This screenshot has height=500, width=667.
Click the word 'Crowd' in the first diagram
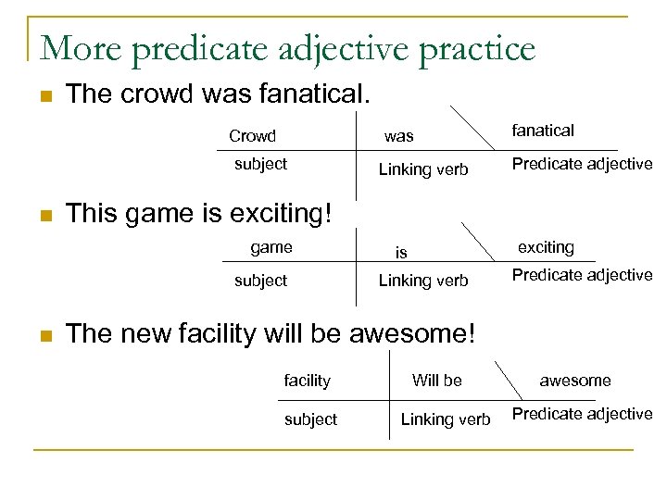pyautogui.click(x=252, y=136)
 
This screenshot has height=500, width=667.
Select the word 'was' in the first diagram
pyautogui.click(x=399, y=136)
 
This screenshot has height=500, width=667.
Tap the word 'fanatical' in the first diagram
pyautogui.click(x=543, y=131)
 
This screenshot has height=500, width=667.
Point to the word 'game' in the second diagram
pyautogui.click(x=271, y=247)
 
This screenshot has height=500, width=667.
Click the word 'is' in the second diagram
pyautogui.click(x=401, y=252)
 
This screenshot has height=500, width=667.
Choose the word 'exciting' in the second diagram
pyautogui.click(x=546, y=247)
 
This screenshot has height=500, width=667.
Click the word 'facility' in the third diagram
pyautogui.click(x=307, y=381)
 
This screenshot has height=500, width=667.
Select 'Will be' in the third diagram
pyautogui.click(x=436, y=380)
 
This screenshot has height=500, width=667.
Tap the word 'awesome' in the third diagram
pyautogui.click(x=575, y=381)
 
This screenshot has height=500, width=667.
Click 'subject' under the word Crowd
pyautogui.click(x=260, y=164)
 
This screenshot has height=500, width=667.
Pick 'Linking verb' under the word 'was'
pyautogui.click(x=423, y=169)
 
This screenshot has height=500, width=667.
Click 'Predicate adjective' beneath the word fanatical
pyautogui.click(x=582, y=164)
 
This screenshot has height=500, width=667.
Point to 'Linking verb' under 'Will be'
pyautogui.click(x=446, y=419)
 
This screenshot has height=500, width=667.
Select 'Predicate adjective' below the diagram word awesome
pyautogui.click(x=582, y=414)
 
